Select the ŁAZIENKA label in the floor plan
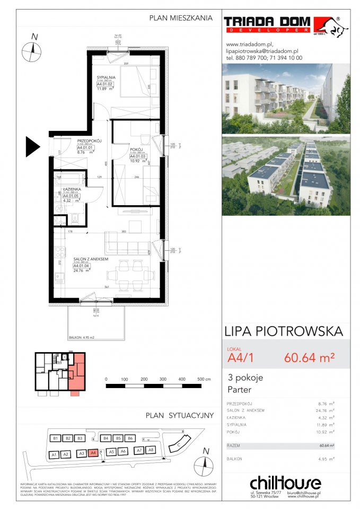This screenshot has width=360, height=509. [x=71, y=189]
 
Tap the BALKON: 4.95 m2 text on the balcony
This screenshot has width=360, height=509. [x=81, y=337]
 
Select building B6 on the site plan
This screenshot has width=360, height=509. [x=130, y=438]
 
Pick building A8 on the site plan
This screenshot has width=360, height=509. [x=151, y=450]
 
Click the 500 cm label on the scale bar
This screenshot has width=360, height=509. [x=204, y=380]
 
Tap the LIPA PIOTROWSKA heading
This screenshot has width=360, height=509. [x=284, y=332]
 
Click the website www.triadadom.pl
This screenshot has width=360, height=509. [x=249, y=45]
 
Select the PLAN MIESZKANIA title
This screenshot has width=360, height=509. [x=181, y=18]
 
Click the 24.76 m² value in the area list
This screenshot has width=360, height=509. [x=324, y=410]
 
